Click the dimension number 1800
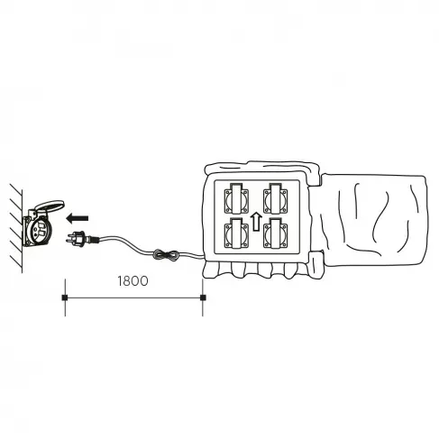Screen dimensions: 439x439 133,279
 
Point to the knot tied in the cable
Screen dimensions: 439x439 162,258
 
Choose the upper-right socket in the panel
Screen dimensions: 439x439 276,197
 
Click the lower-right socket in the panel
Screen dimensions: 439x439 276,235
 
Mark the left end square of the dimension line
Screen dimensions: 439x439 64,296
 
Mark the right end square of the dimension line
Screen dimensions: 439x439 204,296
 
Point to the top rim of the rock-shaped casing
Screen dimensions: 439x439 261,169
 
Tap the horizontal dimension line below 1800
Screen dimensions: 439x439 135,296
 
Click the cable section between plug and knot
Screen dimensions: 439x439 122,239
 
